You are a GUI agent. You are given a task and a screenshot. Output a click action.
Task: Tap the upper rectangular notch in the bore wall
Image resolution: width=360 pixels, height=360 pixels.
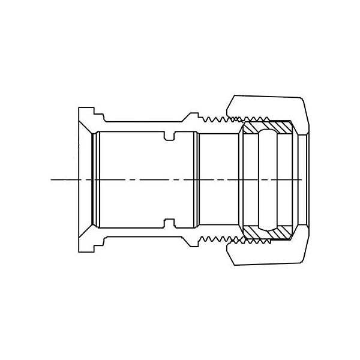click(169, 135)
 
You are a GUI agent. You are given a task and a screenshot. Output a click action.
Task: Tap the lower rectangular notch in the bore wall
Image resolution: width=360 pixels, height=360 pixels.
click(169, 224)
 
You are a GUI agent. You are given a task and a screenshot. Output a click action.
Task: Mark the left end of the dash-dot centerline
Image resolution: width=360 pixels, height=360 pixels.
click(52, 179)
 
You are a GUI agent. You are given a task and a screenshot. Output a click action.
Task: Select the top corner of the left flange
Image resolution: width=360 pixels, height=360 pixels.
click(80, 109)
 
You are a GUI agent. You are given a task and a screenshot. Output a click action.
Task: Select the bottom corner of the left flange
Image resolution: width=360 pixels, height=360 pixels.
click(80, 250)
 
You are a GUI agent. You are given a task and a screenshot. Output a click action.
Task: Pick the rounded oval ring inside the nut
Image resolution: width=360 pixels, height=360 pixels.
click(268, 179)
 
